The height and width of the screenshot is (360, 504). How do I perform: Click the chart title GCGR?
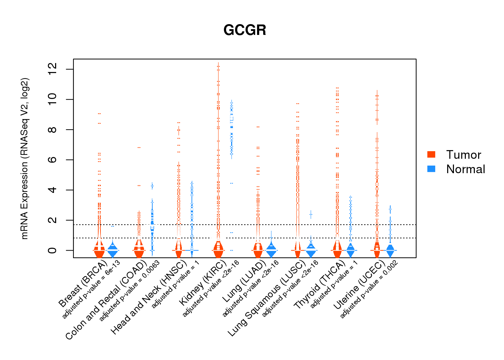tap(245, 30)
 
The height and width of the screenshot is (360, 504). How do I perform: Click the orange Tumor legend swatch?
tap(431, 154)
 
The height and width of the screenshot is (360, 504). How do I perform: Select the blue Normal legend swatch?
tap(431, 169)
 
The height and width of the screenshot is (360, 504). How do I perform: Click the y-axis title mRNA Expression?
tap(24, 158)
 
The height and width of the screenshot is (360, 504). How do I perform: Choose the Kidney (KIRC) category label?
tap(203, 282)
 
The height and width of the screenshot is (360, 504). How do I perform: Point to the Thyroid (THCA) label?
tap(319, 285)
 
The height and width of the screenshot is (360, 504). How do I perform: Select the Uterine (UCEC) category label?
tap(359, 286)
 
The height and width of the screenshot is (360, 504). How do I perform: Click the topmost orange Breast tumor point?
tap(99, 114)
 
